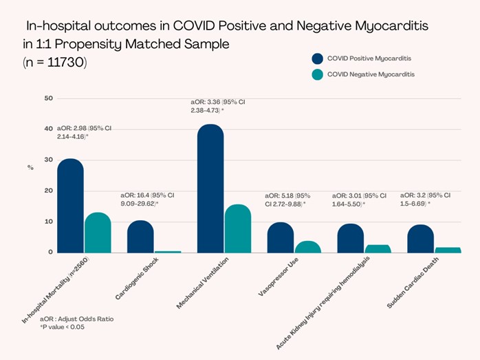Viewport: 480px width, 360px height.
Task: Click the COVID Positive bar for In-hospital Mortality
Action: (70, 207)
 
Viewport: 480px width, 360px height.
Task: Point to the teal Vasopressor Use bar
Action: (308, 246)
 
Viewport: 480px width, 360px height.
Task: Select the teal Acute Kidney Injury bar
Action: (378, 248)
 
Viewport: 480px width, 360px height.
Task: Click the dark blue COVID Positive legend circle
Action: (317, 59)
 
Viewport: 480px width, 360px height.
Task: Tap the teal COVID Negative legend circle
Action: (317, 74)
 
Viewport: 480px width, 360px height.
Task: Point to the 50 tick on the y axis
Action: (48, 98)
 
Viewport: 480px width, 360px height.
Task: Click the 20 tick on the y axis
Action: (48, 191)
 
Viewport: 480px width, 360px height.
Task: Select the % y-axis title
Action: (30, 167)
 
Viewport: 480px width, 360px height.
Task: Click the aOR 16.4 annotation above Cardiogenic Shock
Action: (147, 200)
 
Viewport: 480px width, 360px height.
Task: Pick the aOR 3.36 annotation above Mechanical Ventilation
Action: (218, 105)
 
